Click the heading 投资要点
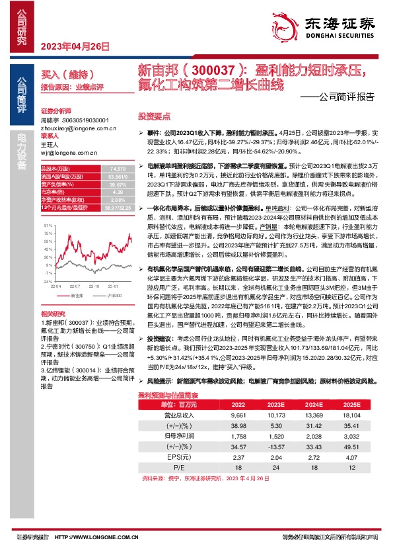pyautogui.click(x=151, y=115)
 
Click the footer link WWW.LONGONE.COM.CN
pyautogui.click(x=88, y=538)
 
